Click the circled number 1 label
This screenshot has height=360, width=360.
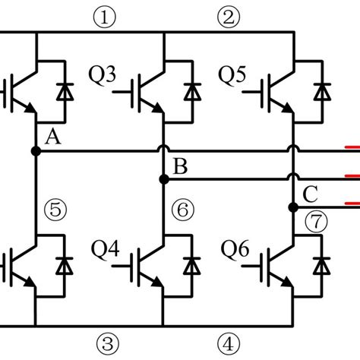pos(102,15)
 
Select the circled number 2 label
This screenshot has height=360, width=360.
pos(228,15)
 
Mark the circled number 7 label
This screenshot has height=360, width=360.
pos(313,221)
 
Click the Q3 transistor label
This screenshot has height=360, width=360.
pos(103,75)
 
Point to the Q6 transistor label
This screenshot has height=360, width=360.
pos(233,248)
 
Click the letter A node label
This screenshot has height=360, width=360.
pos(53,137)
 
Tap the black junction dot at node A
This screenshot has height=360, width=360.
pos(35,151)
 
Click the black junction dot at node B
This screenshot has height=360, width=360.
pos(163,179)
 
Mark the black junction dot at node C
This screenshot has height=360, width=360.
pos(292,206)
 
